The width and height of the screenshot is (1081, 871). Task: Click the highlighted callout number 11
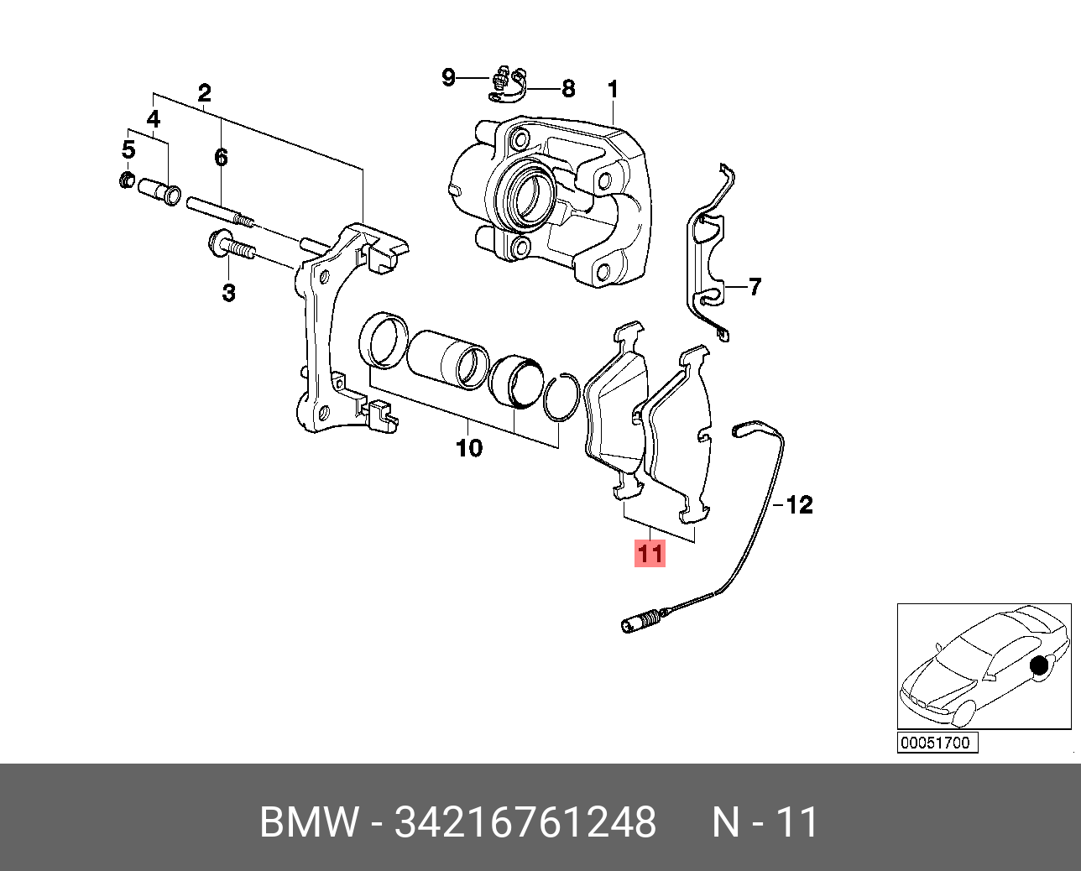(x=650, y=554)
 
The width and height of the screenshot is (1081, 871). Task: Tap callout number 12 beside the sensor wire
(x=799, y=505)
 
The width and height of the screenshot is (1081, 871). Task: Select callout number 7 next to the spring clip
(x=755, y=287)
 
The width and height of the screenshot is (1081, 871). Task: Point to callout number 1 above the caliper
(x=613, y=89)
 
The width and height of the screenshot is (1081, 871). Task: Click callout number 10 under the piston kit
(x=469, y=448)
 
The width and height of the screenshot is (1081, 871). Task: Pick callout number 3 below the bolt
(x=228, y=293)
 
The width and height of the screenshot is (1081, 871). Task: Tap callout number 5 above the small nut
(x=128, y=150)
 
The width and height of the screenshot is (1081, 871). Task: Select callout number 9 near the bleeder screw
(x=449, y=77)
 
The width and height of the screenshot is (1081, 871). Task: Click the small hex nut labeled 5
(x=127, y=179)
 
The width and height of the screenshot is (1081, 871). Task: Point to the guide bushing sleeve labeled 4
(x=159, y=190)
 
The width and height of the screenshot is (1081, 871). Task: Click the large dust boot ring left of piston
(x=383, y=339)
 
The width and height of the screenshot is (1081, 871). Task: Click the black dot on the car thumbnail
(x=1041, y=666)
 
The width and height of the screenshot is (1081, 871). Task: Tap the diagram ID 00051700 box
(x=937, y=743)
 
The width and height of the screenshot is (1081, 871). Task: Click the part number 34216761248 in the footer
(x=525, y=822)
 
